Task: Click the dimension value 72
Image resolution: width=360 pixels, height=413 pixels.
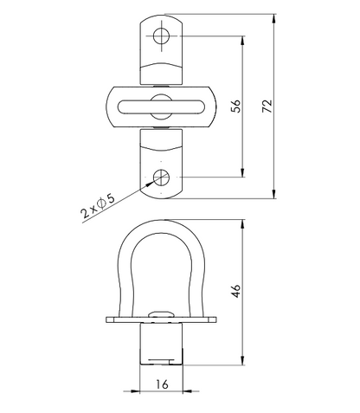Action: point(267,106)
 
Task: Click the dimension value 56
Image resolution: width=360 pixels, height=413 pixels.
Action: point(235,106)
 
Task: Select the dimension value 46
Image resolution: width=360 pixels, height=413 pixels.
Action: point(235,291)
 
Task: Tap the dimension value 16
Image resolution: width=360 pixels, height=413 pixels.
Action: point(162,384)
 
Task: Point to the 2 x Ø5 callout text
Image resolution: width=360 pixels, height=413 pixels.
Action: point(98,206)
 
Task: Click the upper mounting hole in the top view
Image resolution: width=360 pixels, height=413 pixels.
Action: point(161,36)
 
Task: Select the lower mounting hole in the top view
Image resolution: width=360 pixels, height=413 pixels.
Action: point(161,177)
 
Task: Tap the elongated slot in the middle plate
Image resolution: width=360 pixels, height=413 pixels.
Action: point(161,106)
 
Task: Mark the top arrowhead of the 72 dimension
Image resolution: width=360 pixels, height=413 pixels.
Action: point(273,19)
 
